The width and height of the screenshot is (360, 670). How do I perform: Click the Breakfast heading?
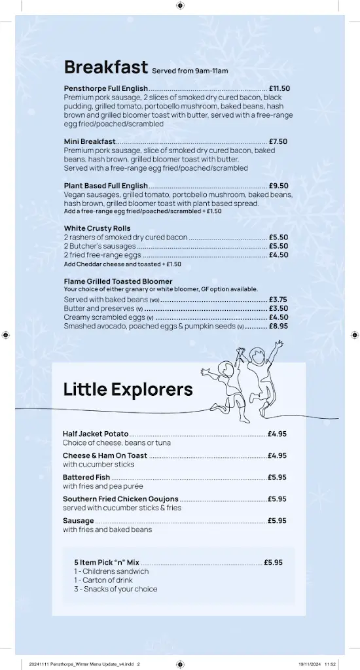pyautogui.click(x=105, y=67)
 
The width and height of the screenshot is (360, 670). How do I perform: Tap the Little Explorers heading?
pyautogui.click(x=128, y=389)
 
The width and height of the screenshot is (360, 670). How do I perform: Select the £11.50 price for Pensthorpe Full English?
pyautogui.click(x=279, y=88)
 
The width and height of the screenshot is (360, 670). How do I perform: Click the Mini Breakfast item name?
pyautogui.click(x=90, y=141)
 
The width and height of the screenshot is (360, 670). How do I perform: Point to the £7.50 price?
pyautogui.click(x=278, y=141)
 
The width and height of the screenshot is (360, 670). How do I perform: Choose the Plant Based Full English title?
pyautogui.click(x=106, y=186)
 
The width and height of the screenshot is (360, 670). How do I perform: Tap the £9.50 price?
pyautogui.click(x=278, y=186)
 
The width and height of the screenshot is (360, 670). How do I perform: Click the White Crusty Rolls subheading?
pyautogui.click(x=98, y=228)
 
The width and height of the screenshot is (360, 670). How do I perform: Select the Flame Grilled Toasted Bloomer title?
pyautogui.click(x=118, y=281)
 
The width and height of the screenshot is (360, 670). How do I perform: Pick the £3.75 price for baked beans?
pyautogui.click(x=278, y=300)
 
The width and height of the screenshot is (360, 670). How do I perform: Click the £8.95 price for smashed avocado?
pyautogui.click(x=278, y=326)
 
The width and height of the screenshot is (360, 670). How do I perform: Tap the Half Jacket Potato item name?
pyautogui.click(x=96, y=434)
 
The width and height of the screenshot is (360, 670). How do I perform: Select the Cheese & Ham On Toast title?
pyautogui.click(x=105, y=455)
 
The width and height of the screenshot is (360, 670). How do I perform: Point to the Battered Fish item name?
pyautogui.click(x=86, y=478)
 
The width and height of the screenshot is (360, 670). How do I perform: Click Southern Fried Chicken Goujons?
pyautogui.click(x=120, y=499)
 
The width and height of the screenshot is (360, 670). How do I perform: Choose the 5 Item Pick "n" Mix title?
pyautogui.click(x=107, y=562)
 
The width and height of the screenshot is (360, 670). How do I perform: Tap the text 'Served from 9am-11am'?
pyautogui.click(x=190, y=71)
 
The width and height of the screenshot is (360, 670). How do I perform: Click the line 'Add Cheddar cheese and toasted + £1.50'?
pyautogui.click(x=122, y=264)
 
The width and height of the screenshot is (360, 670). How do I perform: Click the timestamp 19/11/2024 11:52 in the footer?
pyautogui.click(x=317, y=663)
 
